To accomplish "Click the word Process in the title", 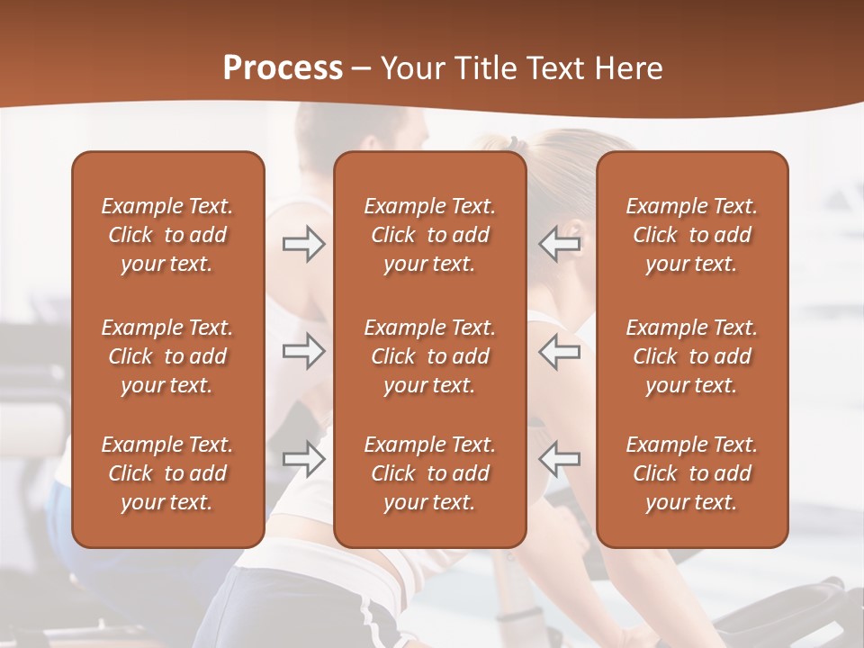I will pos(283,67).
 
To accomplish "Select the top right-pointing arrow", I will pos(303,244).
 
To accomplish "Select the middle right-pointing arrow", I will pos(303,351).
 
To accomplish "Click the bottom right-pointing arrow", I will pos(303,459).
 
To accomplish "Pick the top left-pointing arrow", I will pos(560,244).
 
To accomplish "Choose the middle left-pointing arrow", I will pos(560,351).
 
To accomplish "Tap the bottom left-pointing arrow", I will pos(560,459).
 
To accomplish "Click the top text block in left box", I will pos(167,235).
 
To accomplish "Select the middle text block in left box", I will pos(167,356).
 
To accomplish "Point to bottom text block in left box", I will pos(167,473).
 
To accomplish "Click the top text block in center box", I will pos(429,235).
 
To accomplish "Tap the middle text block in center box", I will pos(429,356).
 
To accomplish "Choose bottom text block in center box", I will pos(429,473).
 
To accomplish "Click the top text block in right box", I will pos(691,235).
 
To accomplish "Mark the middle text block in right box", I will pos(691,356).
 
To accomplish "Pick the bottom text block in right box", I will pos(691,473).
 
